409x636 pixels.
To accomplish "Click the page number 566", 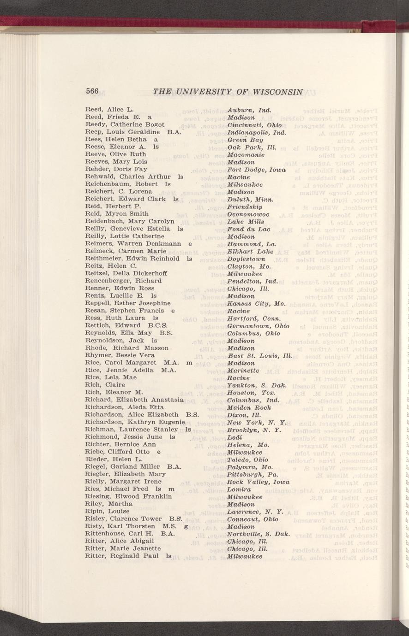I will coord(92,91).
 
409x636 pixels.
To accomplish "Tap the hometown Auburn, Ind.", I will coord(249,110).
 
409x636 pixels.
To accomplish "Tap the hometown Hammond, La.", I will coord(252,244).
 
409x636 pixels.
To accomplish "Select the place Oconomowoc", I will coord(249,214).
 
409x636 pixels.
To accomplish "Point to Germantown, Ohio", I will coord(259,326).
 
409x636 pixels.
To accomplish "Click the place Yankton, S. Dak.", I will coord(257,385).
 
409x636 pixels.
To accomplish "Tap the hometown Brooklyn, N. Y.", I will coord(254,430).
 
